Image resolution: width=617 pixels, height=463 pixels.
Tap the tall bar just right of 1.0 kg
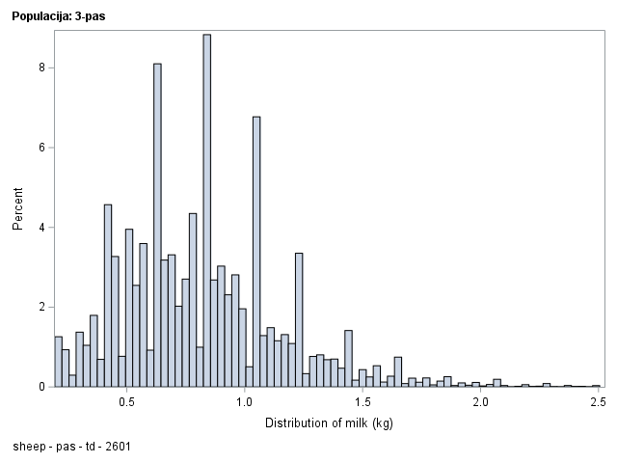click(256, 252)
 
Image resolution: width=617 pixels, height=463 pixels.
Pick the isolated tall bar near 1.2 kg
click(299, 319)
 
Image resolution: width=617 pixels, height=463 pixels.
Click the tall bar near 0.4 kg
click(108, 295)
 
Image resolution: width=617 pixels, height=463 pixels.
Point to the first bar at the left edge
click(58, 361)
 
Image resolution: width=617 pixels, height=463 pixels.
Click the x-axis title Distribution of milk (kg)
click(328, 422)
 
